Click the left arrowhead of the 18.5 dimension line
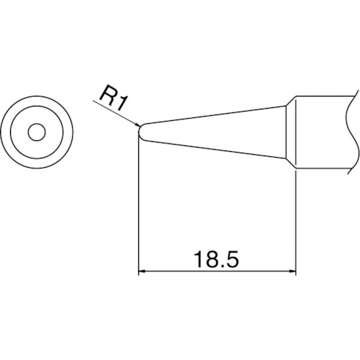point(142,271)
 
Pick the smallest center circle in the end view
point(36,132)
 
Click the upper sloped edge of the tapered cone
point(216,116)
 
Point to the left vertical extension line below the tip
point(138,209)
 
